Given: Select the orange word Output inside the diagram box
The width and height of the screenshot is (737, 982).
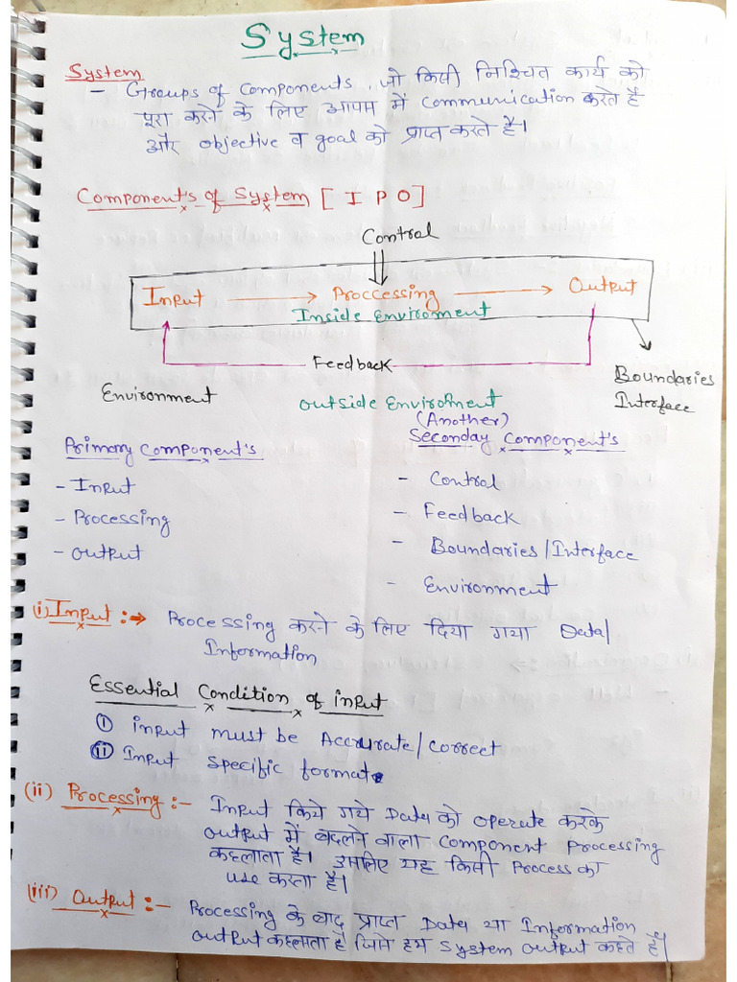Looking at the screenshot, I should pos(602,285).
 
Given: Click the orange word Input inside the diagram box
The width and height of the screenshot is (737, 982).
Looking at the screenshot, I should pos(173,297).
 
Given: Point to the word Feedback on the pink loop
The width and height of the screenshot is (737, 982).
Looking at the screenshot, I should pos(352,363).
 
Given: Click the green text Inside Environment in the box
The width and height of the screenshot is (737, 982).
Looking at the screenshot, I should pos(392,313).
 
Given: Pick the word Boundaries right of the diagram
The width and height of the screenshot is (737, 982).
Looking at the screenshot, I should pos(664,377).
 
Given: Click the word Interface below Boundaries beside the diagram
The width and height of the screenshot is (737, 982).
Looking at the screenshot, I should pos(653,404).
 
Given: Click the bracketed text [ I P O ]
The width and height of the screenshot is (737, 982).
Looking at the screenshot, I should pos(370,198).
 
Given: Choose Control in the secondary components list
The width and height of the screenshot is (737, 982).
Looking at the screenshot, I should pos(463,479).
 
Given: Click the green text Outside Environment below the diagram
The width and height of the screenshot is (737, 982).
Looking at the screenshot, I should pos(399,402).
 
